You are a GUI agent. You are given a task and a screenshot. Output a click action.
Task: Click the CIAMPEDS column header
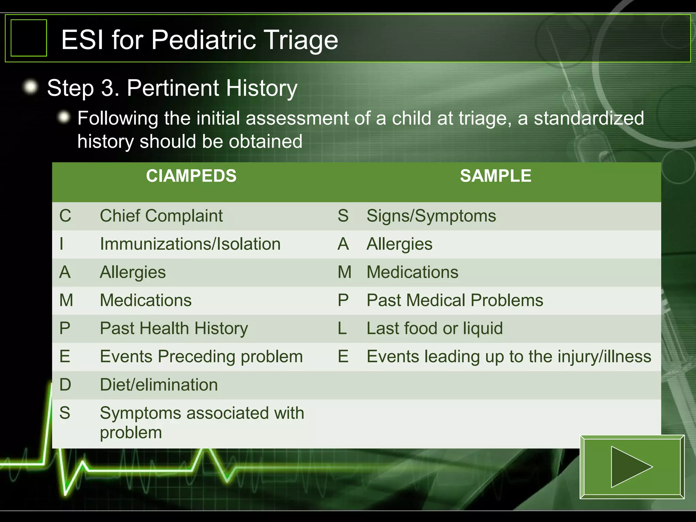(x=191, y=176)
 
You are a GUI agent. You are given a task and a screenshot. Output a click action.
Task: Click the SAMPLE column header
(x=495, y=176)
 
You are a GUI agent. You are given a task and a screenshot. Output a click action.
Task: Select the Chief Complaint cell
(x=161, y=216)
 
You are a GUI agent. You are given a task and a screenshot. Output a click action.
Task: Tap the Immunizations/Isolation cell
(x=190, y=244)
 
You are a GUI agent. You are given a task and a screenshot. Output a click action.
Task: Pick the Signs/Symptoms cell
(x=431, y=216)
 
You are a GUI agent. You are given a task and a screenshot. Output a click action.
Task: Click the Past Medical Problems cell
(x=455, y=300)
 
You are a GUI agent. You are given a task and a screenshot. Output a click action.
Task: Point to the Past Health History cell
(x=174, y=329)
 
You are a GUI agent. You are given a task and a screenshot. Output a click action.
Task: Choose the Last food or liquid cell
(x=434, y=329)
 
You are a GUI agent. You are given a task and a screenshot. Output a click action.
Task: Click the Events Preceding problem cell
(x=201, y=357)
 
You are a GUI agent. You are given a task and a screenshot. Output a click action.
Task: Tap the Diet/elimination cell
(x=159, y=385)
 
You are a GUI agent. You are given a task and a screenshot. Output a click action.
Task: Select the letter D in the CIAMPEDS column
(x=65, y=385)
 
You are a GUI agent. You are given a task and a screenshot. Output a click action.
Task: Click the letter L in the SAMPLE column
(x=342, y=329)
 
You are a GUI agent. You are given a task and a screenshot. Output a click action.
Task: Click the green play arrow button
(x=632, y=467)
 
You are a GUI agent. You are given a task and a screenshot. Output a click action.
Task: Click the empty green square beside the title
(x=29, y=38)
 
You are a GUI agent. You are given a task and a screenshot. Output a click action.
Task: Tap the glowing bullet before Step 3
(x=31, y=87)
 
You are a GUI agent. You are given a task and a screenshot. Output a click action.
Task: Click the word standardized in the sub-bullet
(x=589, y=118)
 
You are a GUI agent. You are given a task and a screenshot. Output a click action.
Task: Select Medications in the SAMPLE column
(x=412, y=272)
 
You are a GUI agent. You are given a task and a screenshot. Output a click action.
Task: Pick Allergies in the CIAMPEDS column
(x=133, y=272)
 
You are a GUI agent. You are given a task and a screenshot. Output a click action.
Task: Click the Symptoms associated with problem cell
(x=202, y=422)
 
